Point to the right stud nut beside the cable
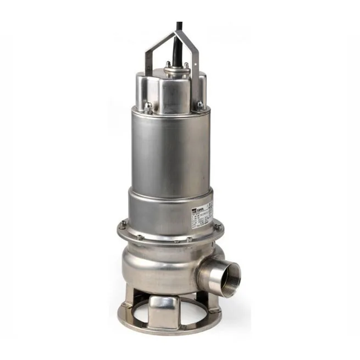pyautogui.click(x=186, y=65)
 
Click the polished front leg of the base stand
pyautogui.click(x=164, y=310)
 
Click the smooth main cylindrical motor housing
pyautogui.click(x=170, y=148)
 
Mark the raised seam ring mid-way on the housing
pyautogui.click(x=170, y=193)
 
